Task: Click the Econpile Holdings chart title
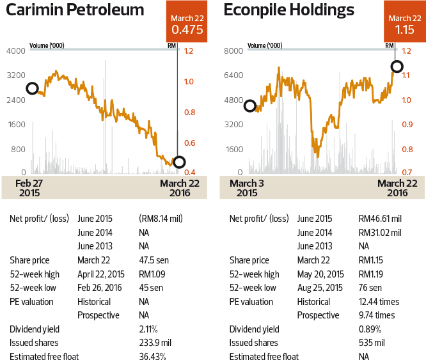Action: click(289, 11)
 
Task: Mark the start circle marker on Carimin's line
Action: click(31, 88)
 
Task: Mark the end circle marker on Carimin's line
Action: click(179, 162)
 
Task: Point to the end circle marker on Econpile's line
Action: click(397, 67)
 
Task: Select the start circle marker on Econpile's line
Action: click(249, 106)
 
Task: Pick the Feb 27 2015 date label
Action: click(29, 187)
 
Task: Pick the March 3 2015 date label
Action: click(246, 187)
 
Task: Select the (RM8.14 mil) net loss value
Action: click(161, 219)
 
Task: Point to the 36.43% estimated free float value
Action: click(152, 357)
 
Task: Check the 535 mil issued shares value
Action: click(372, 343)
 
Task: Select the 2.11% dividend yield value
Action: click(150, 329)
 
